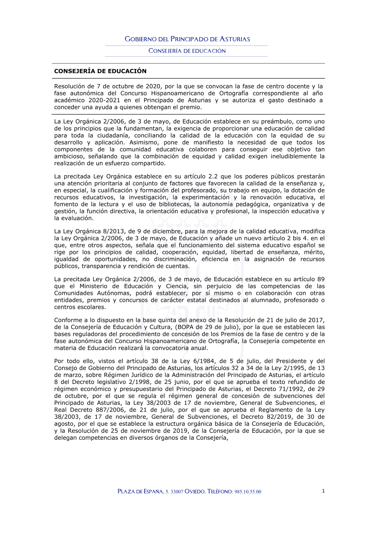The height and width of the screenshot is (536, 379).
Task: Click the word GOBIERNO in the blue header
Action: coord(141,39)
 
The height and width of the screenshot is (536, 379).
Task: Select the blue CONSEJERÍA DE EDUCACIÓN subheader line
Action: coord(187,51)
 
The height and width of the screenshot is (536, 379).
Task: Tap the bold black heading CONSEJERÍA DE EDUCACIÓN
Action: coord(100,71)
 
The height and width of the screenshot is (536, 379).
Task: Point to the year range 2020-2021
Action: coord(104,100)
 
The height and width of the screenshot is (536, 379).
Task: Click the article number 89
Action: coord(321,279)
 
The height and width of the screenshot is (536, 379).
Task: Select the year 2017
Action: coord(317,320)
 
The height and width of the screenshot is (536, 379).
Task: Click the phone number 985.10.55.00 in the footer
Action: coord(247,492)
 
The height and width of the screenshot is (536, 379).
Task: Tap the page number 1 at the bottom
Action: coord(323,491)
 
